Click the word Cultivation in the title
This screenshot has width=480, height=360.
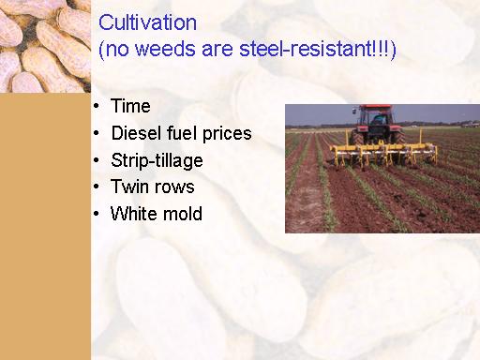pos(148,22)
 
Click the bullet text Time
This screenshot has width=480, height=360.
pos(130,106)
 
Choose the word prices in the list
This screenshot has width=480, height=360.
pos(227,134)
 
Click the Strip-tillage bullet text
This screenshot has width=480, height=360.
pos(157,161)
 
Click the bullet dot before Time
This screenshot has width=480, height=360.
pos(97,106)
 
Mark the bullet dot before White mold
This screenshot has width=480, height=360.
pos(97,214)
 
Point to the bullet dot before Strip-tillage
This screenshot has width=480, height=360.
pos(97,160)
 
